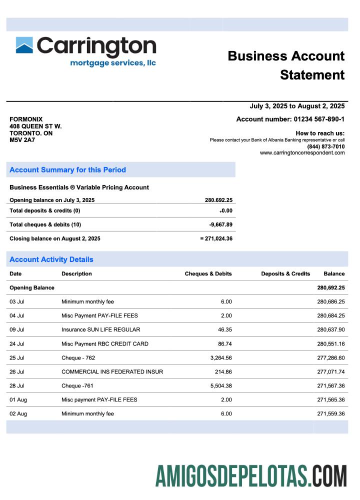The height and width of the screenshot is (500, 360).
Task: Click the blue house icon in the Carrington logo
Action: point(24,45)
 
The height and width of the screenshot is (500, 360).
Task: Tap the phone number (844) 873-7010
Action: point(325,146)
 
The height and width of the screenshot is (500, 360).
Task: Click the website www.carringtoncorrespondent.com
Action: point(302,153)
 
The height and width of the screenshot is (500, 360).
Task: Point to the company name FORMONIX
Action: point(26,119)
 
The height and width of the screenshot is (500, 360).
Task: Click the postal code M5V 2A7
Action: point(22,140)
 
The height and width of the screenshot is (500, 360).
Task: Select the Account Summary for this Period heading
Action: point(67,170)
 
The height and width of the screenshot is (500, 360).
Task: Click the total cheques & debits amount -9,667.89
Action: point(220,225)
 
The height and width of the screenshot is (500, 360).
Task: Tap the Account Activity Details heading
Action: point(51,259)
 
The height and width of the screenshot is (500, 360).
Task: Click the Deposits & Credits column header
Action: point(285,274)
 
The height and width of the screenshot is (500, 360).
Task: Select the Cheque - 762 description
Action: point(78,358)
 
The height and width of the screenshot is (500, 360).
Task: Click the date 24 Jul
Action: point(17,344)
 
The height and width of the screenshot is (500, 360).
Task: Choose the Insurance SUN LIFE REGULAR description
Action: point(100,330)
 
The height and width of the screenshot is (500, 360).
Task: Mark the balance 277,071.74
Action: point(330,372)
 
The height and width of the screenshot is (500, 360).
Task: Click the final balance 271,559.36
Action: point(330,414)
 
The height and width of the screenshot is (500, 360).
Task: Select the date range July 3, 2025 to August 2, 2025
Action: point(297,106)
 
